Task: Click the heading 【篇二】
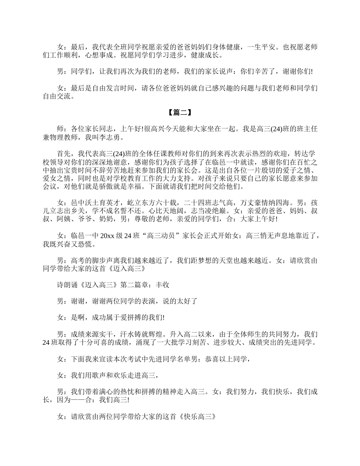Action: tap(180, 113)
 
